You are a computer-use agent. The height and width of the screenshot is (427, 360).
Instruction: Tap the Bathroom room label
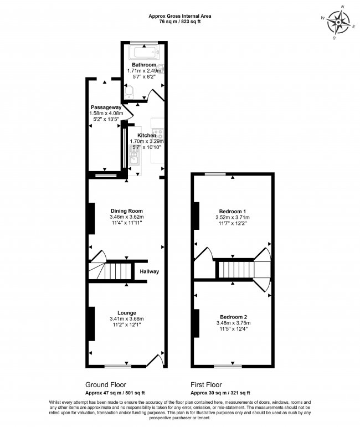click(144, 65)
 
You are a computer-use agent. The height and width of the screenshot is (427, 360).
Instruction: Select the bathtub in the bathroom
click(143, 53)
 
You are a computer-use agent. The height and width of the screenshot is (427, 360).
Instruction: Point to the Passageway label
click(106, 107)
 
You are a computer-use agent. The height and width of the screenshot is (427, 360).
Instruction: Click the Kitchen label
click(147, 135)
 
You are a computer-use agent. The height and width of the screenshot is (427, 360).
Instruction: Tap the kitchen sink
click(135, 161)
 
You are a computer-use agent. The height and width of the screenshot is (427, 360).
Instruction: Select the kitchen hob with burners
click(159, 133)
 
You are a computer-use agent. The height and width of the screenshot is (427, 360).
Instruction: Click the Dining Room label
click(126, 210)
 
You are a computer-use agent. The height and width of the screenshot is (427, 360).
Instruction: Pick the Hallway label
click(150, 271)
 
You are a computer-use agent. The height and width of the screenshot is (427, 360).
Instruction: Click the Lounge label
click(126, 313)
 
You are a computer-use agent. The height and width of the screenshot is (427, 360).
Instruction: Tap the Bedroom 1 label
click(233, 212)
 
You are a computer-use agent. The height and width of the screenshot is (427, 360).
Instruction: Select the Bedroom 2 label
click(233, 317)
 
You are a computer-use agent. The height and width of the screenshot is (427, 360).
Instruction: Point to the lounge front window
click(118, 366)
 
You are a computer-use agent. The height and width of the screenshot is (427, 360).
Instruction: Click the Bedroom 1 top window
click(218, 174)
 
